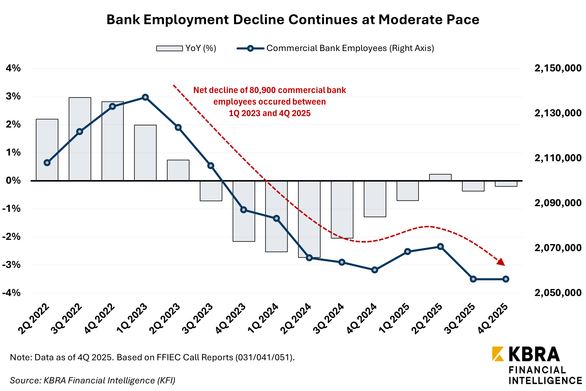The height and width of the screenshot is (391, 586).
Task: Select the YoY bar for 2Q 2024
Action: (309, 219)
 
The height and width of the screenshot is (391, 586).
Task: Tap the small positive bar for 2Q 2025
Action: (440, 177)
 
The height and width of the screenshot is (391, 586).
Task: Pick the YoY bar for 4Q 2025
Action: (506, 184)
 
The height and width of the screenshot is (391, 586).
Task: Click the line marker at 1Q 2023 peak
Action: (145, 97)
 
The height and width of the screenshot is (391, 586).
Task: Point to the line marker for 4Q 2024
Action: (375, 270)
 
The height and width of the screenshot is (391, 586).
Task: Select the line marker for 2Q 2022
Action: (47, 163)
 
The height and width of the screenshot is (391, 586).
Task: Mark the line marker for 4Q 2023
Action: (244, 210)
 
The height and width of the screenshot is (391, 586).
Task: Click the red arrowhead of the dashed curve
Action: (501, 262)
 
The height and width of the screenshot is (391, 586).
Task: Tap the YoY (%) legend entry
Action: (186, 48)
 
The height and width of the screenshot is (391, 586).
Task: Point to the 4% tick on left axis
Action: (13, 68)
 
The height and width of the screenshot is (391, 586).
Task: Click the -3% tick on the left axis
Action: (12, 265)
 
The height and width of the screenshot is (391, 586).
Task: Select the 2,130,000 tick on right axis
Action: (558, 113)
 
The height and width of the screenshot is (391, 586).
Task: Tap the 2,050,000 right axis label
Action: (558, 293)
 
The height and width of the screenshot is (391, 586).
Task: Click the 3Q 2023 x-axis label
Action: (198, 318)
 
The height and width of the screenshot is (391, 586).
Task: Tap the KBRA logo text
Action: (534, 355)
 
